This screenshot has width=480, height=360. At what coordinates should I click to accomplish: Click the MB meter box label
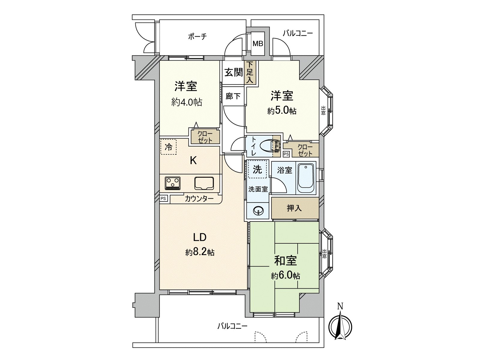[x=257, y=44]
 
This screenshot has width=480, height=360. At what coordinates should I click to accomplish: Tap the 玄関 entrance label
[x=234, y=73]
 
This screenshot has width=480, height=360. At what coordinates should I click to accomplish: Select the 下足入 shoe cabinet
[x=250, y=72]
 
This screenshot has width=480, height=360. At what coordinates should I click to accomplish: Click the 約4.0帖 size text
[x=187, y=102]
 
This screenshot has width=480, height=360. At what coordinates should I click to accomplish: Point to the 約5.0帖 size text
[x=282, y=111]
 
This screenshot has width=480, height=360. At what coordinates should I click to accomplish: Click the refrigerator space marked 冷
[x=168, y=147]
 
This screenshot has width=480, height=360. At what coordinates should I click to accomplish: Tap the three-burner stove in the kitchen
[x=173, y=183]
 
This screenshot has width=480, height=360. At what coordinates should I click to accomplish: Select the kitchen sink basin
[x=204, y=183]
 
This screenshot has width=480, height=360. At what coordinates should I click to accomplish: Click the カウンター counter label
[x=199, y=198]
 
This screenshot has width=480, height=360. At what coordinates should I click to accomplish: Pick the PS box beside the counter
[x=163, y=198]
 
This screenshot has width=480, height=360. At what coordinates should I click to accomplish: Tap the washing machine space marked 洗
[x=257, y=169]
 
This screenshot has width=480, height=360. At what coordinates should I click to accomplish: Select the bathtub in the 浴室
[x=306, y=178]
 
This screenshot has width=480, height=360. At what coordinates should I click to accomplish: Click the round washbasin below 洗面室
[x=257, y=211]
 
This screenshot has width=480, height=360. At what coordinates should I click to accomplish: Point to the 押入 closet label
[x=294, y=208]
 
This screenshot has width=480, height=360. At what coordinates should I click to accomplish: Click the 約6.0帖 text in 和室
[x=285, y=275]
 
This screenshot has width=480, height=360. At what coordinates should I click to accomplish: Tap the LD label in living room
[x=199, y=237]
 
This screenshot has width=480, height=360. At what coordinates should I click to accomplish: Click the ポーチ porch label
[x=197, y=37]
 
